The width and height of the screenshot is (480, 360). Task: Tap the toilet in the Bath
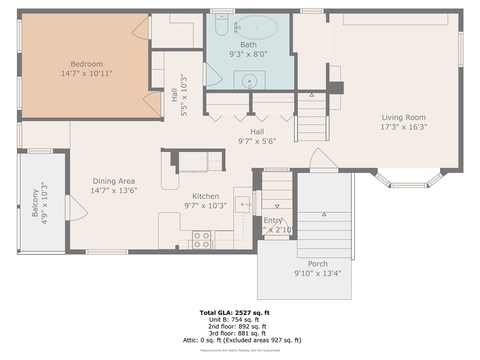point(221,26)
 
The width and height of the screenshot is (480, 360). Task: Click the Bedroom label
point(87,64)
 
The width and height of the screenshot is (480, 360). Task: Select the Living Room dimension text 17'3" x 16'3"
point(404,127)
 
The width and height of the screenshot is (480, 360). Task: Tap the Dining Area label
point(114,181)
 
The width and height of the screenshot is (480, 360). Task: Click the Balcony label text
point(35,202)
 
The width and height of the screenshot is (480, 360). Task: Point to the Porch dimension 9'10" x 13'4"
point(318,273)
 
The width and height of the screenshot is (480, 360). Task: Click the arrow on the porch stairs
point(324,214)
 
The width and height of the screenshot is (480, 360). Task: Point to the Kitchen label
point(205,196)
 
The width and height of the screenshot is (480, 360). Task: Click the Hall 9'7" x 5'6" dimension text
point(256,141)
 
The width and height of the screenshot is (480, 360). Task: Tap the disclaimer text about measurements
point(240,351)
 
